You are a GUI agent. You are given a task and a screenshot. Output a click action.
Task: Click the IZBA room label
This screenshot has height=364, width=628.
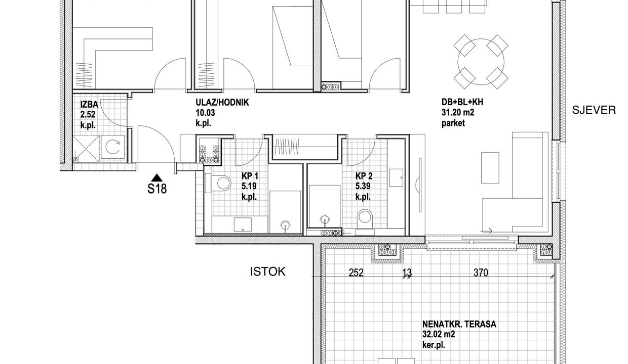point(89,104)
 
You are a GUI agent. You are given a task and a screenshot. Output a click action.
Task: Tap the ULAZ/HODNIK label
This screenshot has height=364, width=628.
point(222,103)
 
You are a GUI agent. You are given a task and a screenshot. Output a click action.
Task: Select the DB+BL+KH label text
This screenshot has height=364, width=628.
point(462,102)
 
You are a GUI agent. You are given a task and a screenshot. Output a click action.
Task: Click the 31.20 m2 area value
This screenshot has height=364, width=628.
point(458,112)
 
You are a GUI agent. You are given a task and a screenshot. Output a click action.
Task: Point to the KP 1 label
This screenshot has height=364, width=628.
point(250,176)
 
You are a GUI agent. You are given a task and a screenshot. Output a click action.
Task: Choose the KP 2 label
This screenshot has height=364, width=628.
point(364,176)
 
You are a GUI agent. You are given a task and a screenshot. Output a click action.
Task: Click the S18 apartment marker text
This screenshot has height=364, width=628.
point(157,189)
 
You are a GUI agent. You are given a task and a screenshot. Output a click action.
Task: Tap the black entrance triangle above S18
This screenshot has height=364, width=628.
point(157,177)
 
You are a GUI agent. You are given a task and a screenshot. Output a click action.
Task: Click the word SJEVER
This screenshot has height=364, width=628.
point(594,110)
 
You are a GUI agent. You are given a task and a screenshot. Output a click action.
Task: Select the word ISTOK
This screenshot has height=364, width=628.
point(268,271)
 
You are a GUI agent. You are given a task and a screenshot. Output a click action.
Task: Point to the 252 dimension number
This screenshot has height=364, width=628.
point(356,272)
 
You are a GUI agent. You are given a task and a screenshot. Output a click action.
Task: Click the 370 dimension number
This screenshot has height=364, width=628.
point(481,272)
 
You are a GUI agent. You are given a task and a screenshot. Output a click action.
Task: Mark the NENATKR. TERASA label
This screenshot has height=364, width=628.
point(459,324)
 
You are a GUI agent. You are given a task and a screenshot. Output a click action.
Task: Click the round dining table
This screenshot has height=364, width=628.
point(481,62)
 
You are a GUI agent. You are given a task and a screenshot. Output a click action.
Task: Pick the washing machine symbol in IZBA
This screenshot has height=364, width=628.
point(112,147)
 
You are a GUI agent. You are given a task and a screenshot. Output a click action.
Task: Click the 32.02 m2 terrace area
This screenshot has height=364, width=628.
point(439,335)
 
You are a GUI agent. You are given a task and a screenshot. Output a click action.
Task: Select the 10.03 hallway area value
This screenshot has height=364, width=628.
point(205,113)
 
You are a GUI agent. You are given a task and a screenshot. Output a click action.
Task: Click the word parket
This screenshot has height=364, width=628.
point(453,123)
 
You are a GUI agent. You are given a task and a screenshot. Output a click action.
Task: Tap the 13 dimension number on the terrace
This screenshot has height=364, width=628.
point(407,272)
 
